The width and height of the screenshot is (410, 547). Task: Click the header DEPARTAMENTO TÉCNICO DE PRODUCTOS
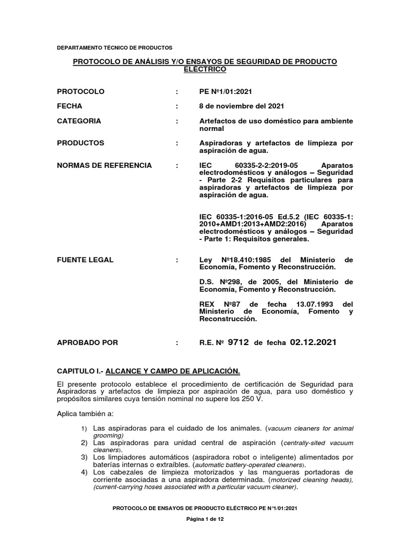(x=114, y=48)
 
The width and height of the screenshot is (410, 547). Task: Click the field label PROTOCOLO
(x=81, y=91)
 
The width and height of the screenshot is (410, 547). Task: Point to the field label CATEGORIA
(x=79, y=121)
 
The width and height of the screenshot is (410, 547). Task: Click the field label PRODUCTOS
(x=81, y=143)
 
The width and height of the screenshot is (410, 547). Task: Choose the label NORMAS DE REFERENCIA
(x=105, y=166)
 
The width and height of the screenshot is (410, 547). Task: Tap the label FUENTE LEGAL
(x=85, y=260)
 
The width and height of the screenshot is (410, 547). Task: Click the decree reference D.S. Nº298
(x=221, y=282)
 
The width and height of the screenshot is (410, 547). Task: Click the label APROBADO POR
(x=88, y=342)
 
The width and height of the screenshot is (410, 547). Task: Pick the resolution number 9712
(x=238, y=342)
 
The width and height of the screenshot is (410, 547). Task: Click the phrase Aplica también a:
(x=84, y=414)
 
